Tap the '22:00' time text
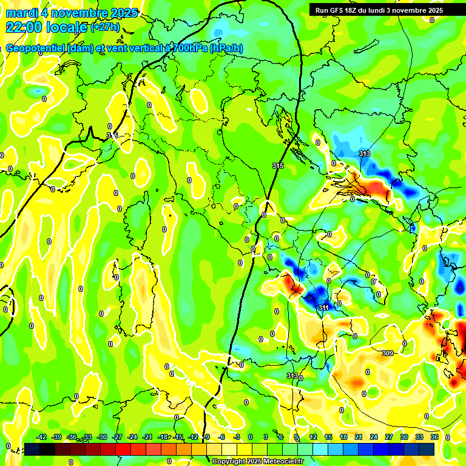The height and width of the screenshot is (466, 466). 25,27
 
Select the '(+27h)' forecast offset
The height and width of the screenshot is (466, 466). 105,27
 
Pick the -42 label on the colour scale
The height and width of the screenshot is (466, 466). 41,437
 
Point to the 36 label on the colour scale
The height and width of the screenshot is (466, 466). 434,437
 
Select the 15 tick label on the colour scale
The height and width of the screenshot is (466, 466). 328,437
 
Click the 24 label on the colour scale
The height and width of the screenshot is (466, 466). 374,437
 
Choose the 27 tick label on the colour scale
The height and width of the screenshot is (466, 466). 389,437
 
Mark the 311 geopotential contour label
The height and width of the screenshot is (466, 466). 323,308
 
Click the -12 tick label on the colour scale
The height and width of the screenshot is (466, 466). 193,437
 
